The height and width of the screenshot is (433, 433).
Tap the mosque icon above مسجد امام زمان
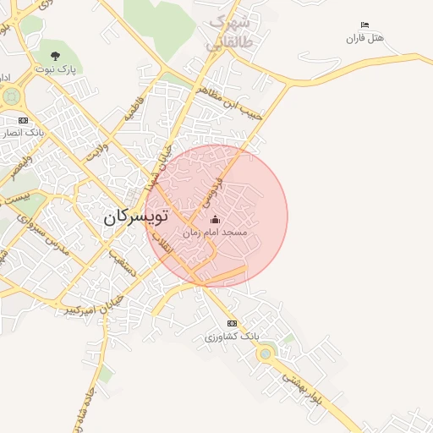coord(214,220)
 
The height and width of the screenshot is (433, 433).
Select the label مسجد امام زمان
coord(215,232)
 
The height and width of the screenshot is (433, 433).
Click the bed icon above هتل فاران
coord(364,25)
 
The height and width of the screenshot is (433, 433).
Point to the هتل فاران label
coord(364,38)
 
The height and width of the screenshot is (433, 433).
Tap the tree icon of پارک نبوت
coord(56,57)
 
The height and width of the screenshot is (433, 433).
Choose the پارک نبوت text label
coord(56,69)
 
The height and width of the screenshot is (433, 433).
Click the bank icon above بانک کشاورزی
coord(232,324)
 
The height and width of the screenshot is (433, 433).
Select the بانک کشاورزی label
coord(231,337)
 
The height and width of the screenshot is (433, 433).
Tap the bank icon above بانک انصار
coord(23,120)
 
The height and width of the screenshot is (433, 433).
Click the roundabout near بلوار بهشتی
coord(266,353)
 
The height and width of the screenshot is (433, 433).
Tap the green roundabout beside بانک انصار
coord(10,96)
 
